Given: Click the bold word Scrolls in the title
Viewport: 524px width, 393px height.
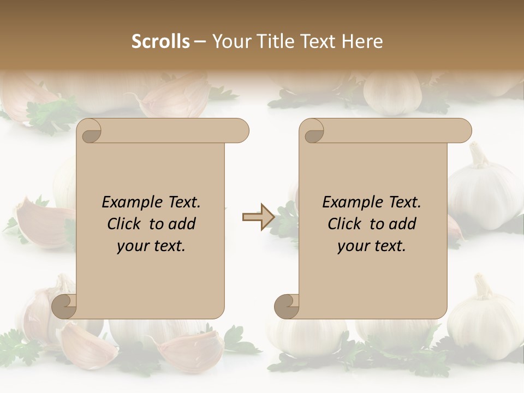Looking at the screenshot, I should click(160, 41).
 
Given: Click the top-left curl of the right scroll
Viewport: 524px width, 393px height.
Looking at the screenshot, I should click(313, 131).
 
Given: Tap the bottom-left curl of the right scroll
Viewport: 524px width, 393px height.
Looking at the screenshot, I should click(287, 306).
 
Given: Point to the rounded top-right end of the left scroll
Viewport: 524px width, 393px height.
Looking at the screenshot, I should click(240, 130).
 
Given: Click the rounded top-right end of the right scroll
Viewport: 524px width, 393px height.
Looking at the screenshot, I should click(463, 130).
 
